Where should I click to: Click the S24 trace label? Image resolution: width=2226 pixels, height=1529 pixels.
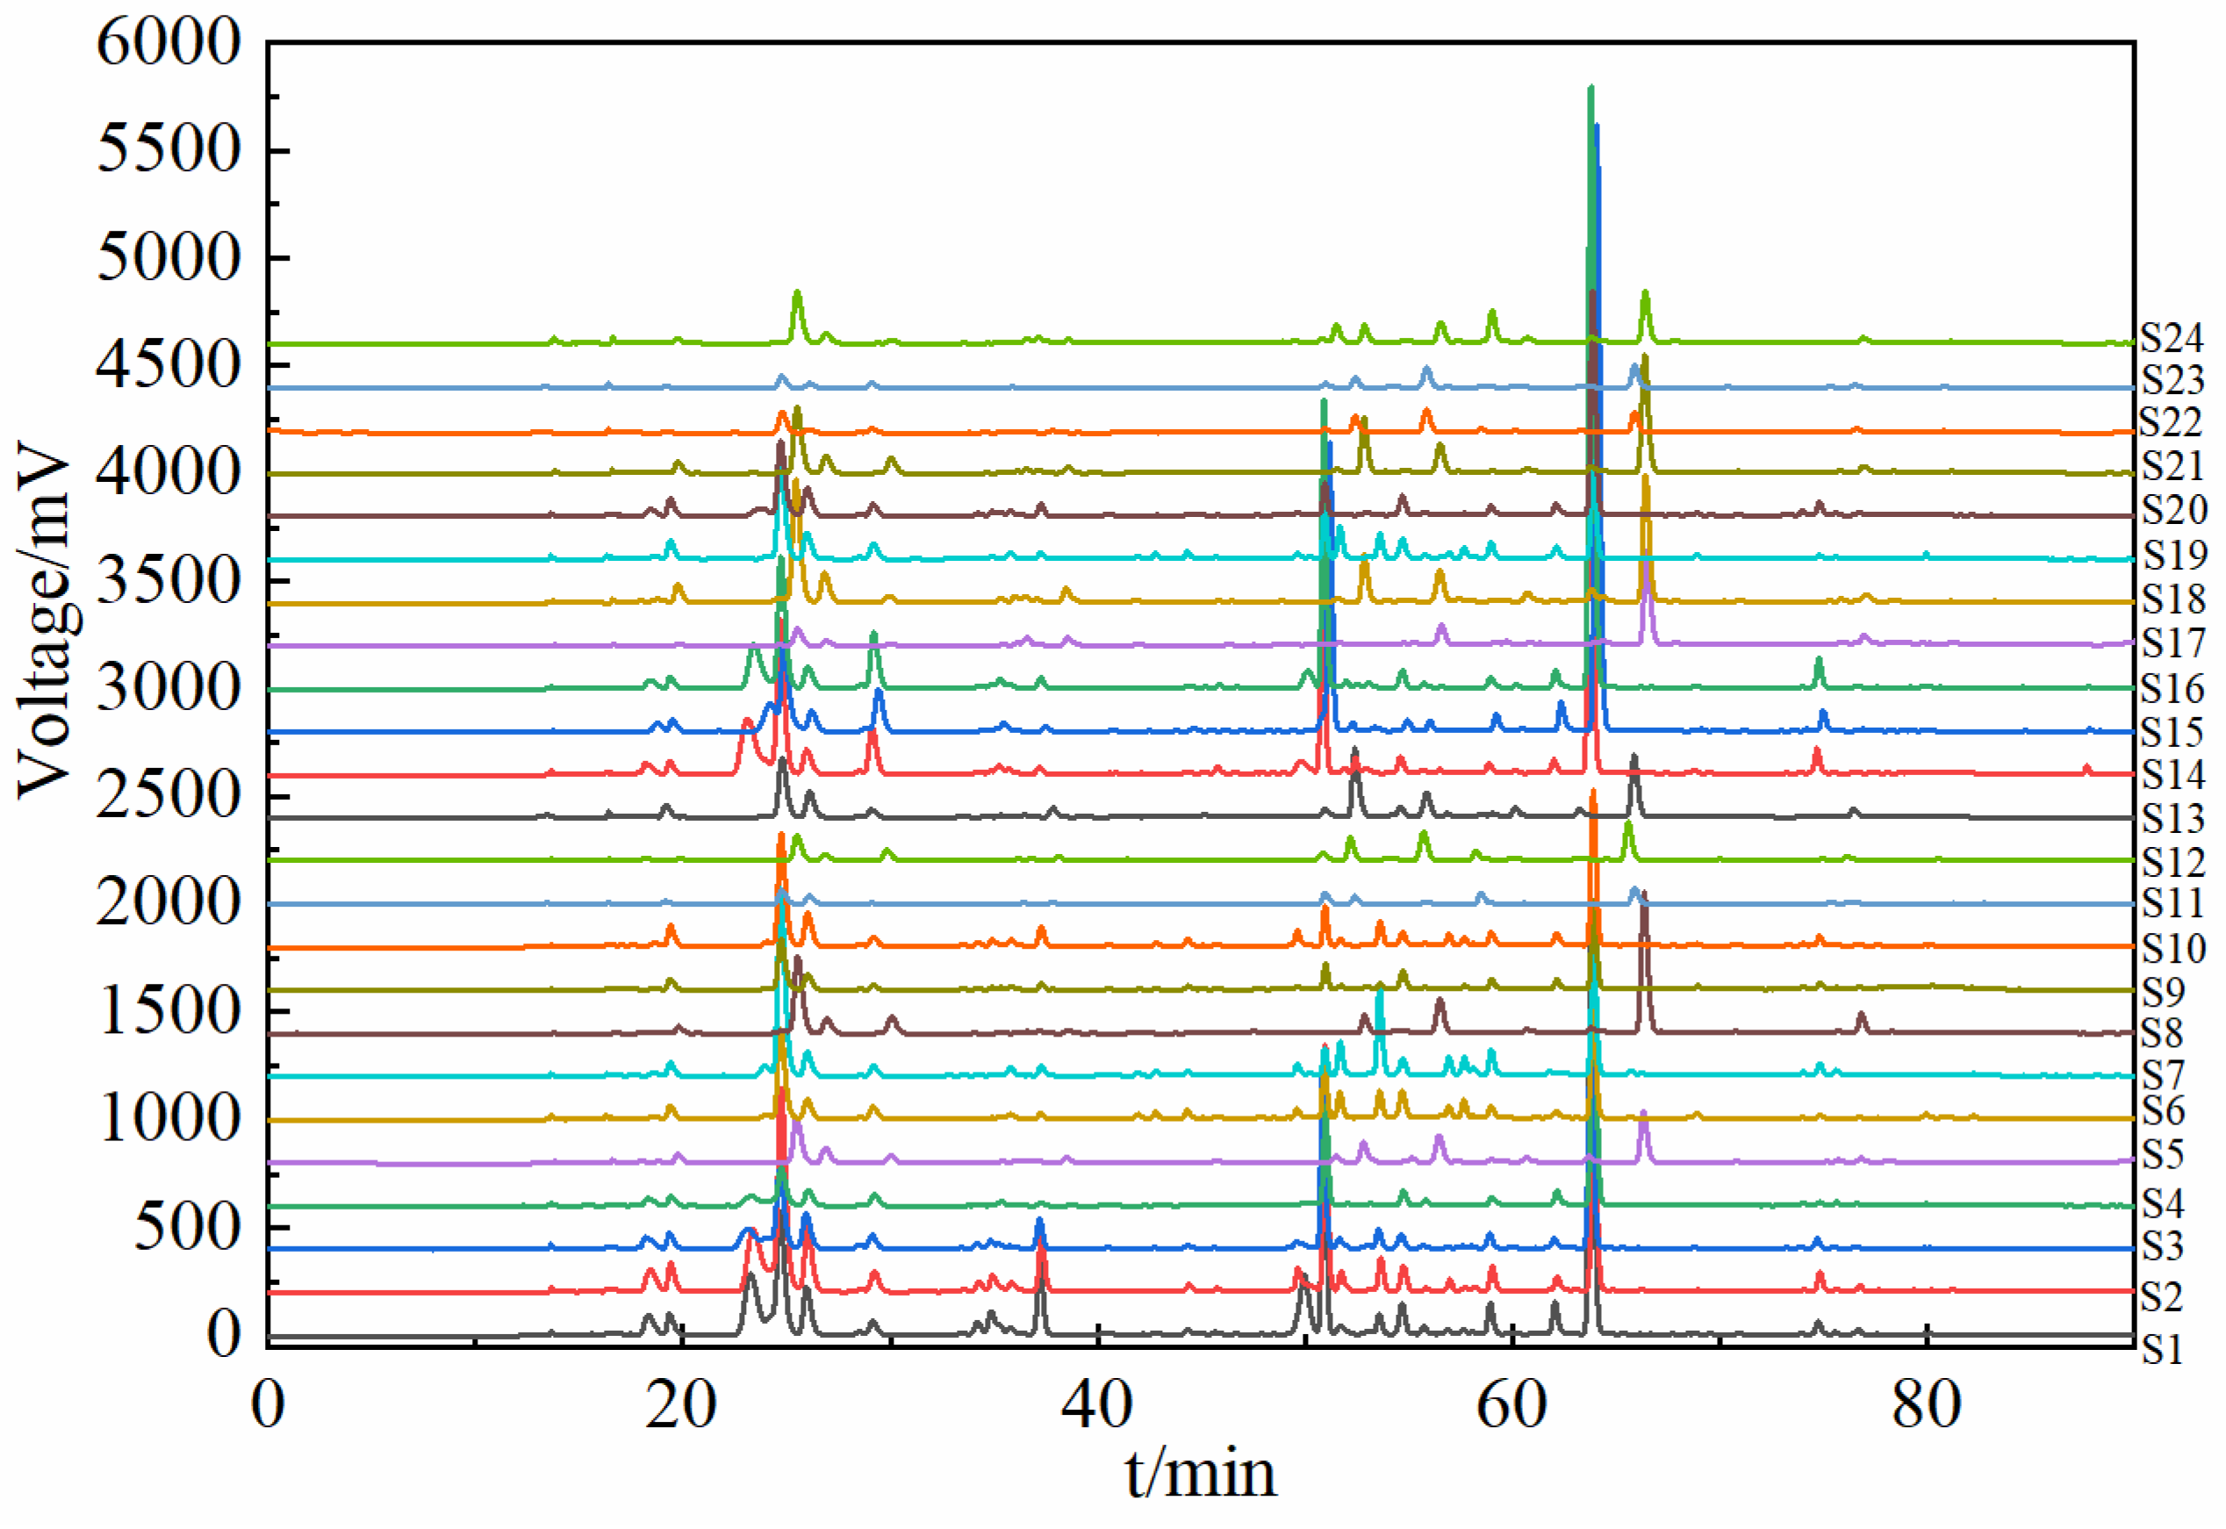pos(2172,337)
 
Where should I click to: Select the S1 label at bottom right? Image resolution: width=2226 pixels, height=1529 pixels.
pos(2162,1350)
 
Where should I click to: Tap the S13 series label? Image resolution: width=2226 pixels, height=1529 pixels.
pos(2173,818)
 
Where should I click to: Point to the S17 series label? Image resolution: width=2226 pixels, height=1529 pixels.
pos(2173,642)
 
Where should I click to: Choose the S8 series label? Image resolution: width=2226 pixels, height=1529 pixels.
pos(2162,1033)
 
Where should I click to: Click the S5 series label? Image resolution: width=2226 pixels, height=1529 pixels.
pos(2162,1155)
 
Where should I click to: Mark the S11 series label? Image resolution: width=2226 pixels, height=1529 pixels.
pos(2172,902)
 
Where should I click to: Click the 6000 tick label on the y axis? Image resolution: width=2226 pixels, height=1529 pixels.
pos(169,43)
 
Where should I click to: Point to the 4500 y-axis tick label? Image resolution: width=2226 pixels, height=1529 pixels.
pos(169,366)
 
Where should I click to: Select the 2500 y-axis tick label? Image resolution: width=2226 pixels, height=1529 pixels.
pos(169,796)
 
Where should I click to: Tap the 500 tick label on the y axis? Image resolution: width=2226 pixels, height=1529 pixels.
pos(188,1227)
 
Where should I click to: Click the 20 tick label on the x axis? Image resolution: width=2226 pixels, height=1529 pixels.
pos(681,1406)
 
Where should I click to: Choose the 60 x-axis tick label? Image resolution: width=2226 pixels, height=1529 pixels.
pos(1512,1406)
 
